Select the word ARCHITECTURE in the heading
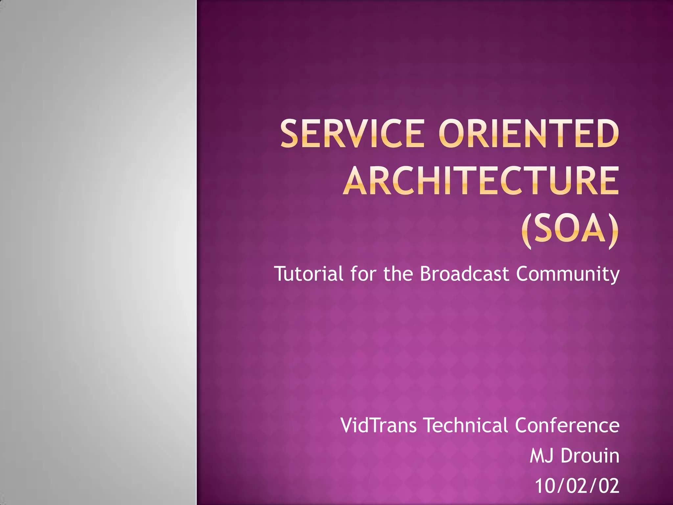481,180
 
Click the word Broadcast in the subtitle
464,274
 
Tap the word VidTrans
379,425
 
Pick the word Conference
567,425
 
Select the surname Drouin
590,456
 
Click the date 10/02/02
577,486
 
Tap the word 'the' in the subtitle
398,274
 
